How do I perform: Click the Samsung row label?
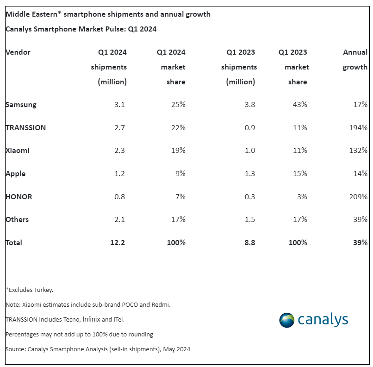tap(21, 105)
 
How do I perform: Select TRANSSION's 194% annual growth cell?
tap(359, 127)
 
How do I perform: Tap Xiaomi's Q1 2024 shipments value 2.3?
tap(120, 151)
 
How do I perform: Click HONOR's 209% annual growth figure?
tap(359, 196)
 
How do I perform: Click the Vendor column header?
tap(18, 52)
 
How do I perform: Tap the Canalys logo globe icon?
tap(286, 320)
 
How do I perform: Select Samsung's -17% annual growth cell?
tap(359, 105)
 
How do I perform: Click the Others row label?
tap(17, 220)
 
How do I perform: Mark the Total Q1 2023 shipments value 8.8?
tap(250, 242)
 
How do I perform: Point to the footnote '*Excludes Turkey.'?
tap(30, 290)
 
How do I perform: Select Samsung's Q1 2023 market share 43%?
tap(300, 105)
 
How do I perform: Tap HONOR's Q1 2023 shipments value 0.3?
tap(250, 196)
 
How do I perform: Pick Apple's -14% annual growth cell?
tap(359, 174)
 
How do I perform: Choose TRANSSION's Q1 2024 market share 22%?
tap(178, 127)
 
